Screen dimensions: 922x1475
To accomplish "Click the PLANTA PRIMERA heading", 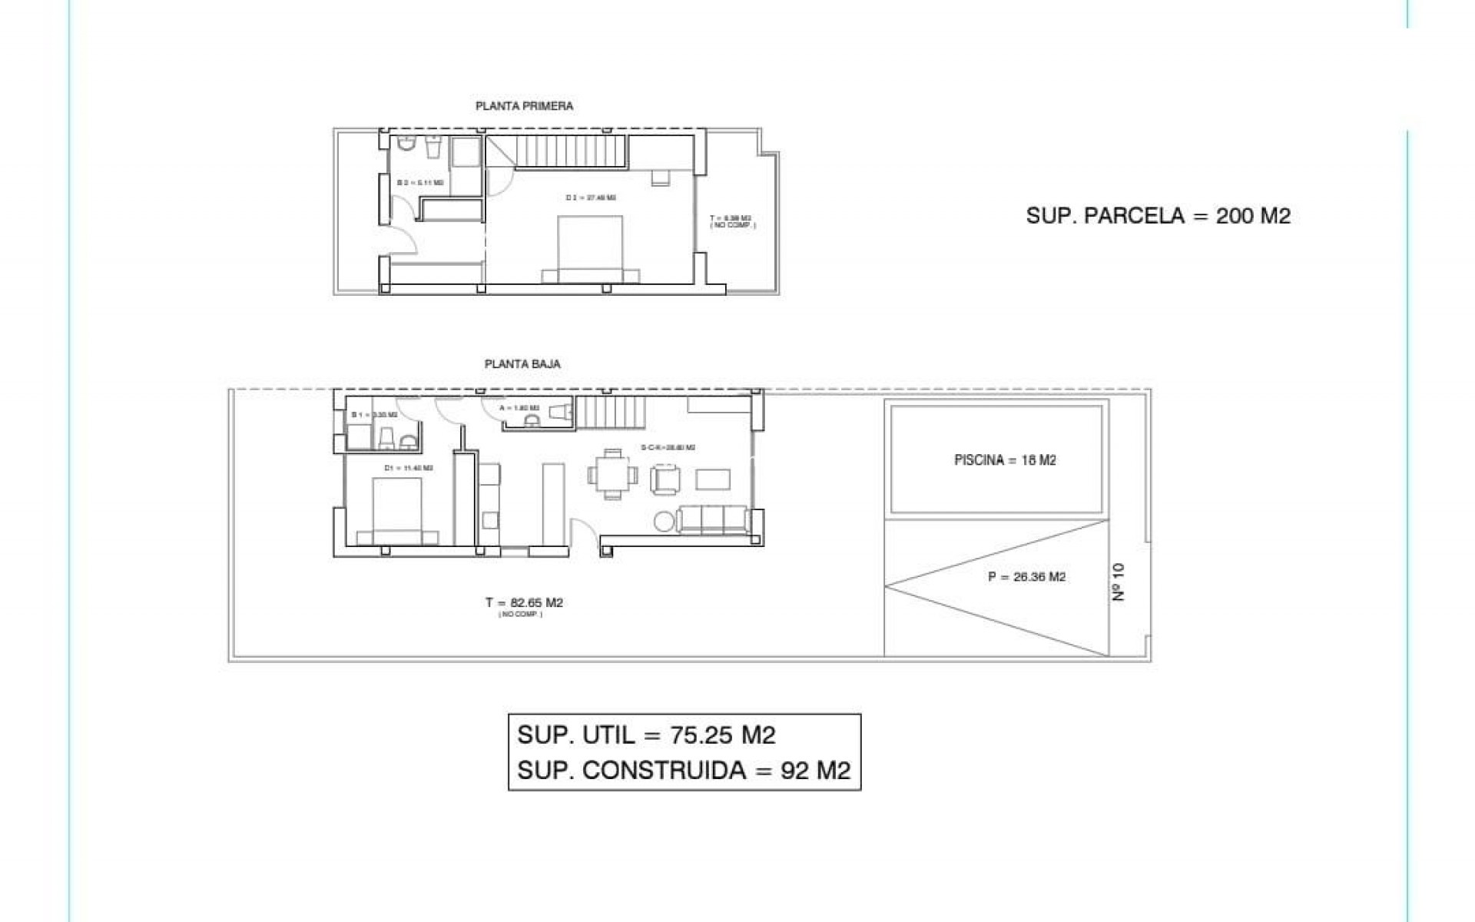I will coord(524,106).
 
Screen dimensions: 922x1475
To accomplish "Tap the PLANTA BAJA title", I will coord(522,364).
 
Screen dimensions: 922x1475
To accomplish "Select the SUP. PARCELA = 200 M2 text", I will coord(1158,216).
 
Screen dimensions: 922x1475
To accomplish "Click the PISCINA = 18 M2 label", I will coord(1005,460).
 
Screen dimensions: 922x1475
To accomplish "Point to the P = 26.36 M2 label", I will coord(1026,577).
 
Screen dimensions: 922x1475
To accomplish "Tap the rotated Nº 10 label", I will coord(1119,582).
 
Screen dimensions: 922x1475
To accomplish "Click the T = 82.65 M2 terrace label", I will coord(524,603).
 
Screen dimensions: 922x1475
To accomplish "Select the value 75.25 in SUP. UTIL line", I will coord(700,735).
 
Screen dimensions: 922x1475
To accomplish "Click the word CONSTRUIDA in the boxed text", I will coord(665,771).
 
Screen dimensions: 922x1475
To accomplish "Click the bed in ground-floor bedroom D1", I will coord(397,511).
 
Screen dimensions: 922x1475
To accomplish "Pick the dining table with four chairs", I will coord(612,475).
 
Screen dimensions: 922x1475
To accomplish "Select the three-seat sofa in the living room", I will coord(712,520).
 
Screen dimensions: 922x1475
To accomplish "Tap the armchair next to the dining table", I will coord(665,479).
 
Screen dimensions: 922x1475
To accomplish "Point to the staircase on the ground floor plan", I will coord(597,413).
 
